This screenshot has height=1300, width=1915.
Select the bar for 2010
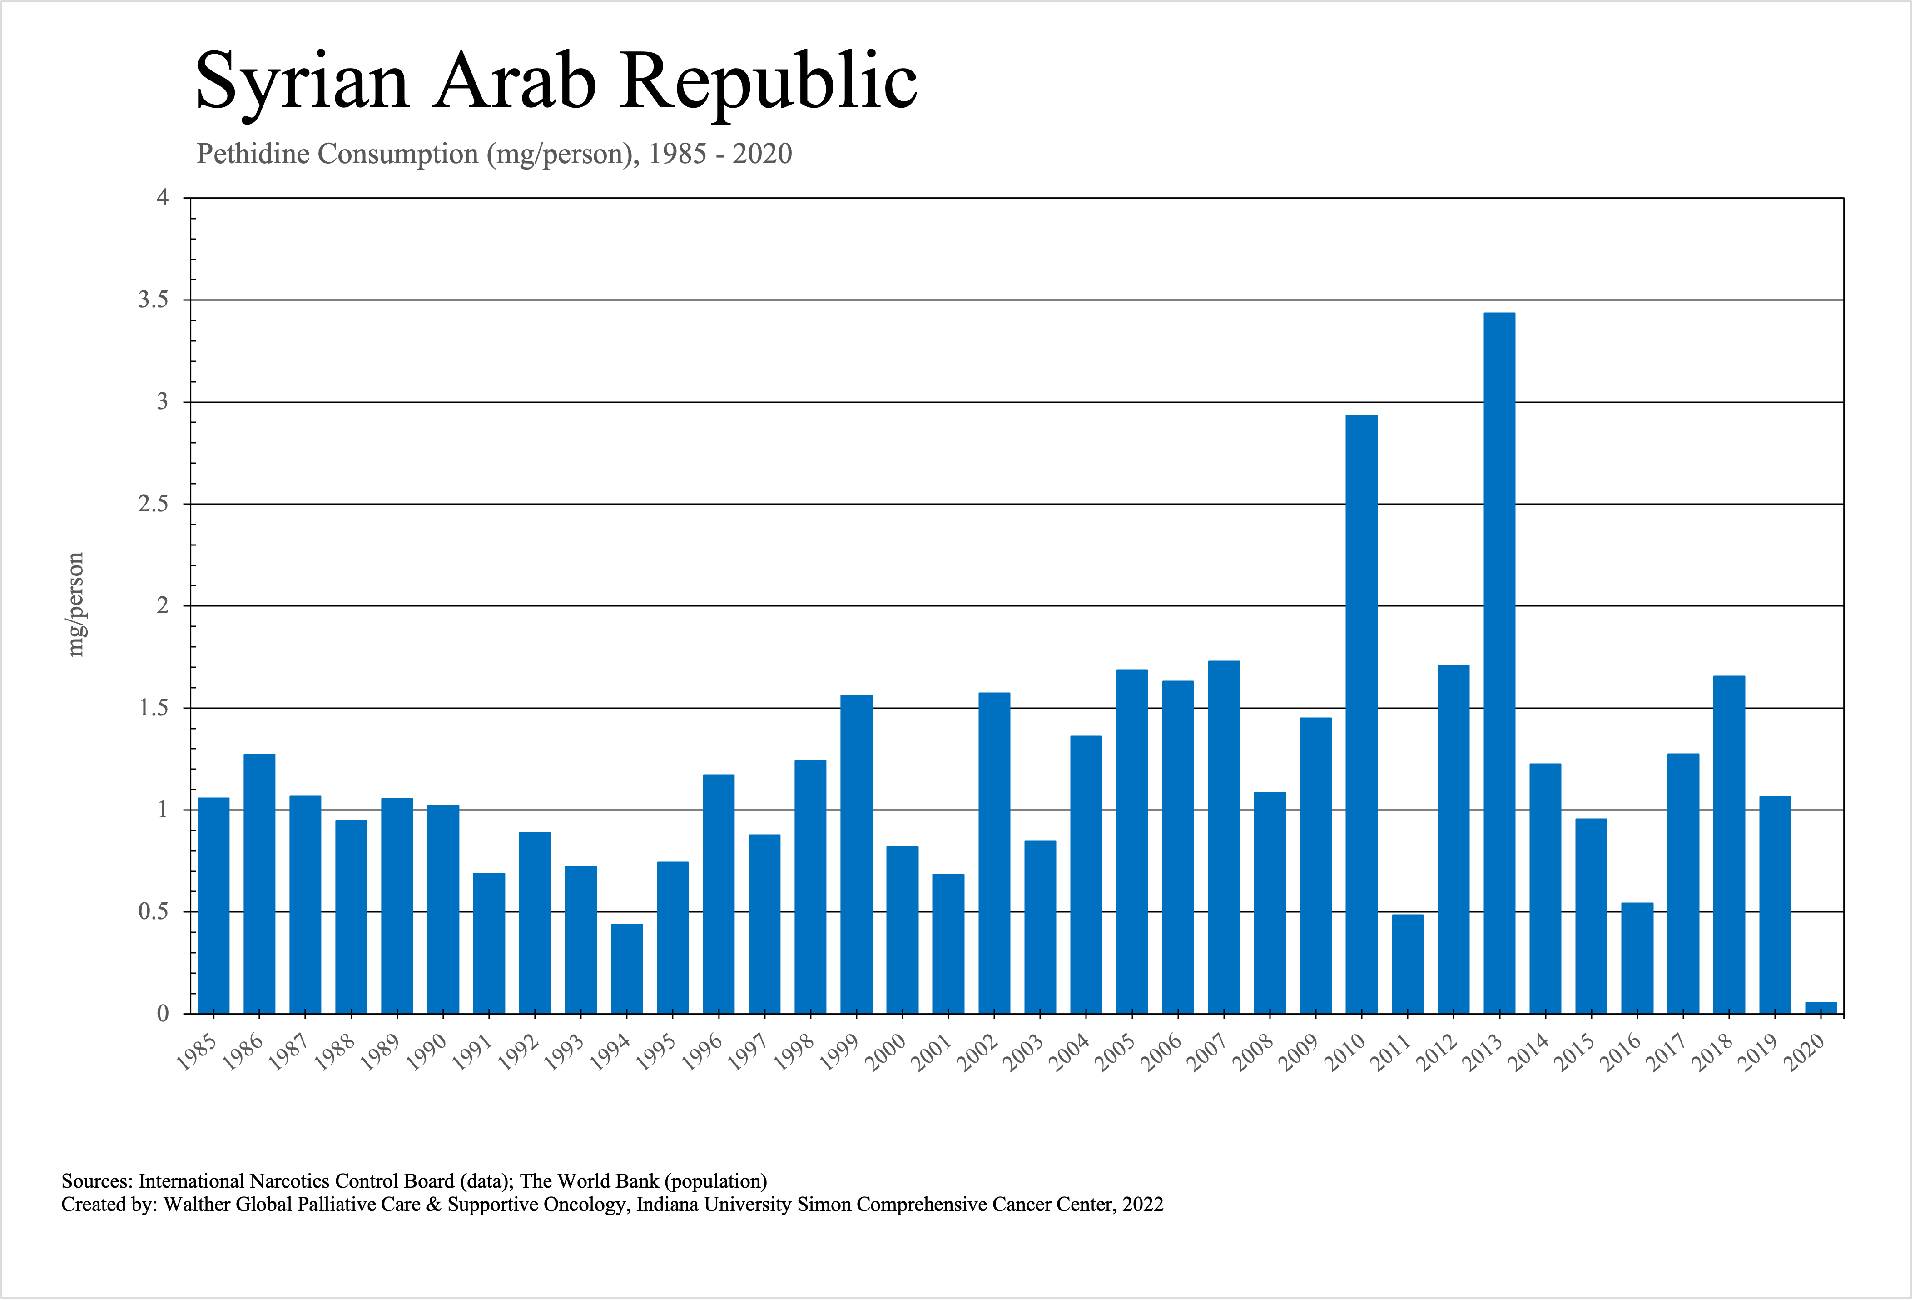click(1361, 714)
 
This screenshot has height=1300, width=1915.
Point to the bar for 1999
click(856, 854)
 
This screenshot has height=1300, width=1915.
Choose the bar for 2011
click(1408, 964)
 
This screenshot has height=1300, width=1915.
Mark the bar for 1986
click(259, 884)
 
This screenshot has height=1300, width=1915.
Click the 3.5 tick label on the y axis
click(153, 300)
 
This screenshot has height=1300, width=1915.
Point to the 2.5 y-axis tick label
click(153, 504)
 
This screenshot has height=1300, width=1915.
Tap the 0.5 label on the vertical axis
click(153, 912)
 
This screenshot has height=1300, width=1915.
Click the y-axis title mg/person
click(76, 604)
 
